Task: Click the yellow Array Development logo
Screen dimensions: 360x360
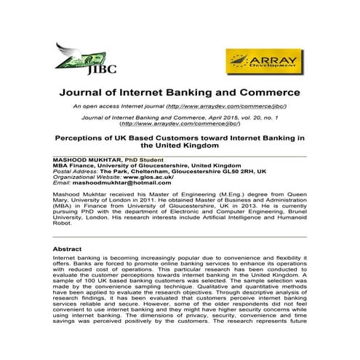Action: pos(261,60)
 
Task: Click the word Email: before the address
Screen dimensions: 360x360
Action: pos(61,183)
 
